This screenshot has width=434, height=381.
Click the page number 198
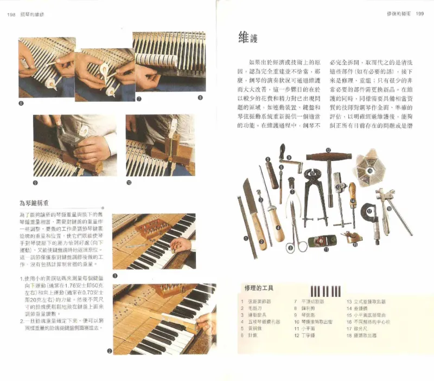(11, 15)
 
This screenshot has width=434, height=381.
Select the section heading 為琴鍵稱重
(34, 204)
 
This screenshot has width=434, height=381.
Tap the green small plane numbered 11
(321, 241)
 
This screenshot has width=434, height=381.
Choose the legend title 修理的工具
(258, 288)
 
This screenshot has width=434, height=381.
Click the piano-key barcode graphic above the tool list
(325, 290)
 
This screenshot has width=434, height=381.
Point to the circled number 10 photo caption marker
(129, 182)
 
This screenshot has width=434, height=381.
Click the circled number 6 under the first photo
(21, 102)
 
